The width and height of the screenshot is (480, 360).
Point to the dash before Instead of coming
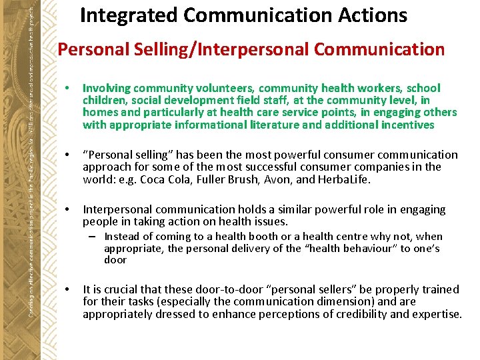pyautogui.click(x=97, y=237)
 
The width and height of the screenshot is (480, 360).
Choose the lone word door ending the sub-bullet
pyautogui.click(x=115, y=260)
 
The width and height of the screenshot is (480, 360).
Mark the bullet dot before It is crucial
pyautogui.click(x=69, y=290)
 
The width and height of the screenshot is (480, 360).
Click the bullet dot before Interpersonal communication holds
pyautogui.click(x=69, y=210)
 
